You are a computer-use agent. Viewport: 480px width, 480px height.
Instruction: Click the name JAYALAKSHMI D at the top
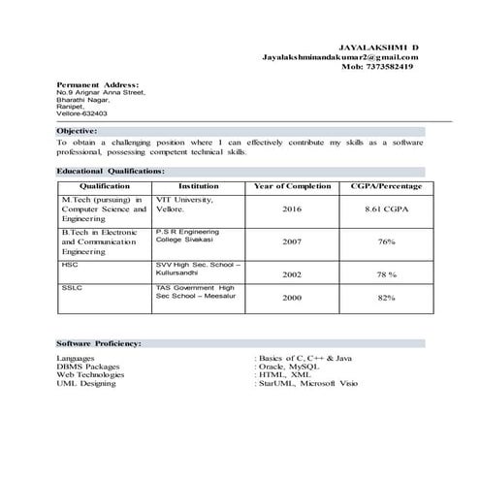(x=378, y=47)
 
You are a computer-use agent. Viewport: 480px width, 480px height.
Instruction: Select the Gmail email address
(x=340, y=57)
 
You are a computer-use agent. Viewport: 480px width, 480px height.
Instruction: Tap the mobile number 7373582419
(x=377, y=67)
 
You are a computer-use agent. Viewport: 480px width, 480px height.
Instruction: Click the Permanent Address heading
(x=97, y=84)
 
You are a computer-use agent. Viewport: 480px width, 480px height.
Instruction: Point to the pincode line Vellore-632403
(x=82, y=113)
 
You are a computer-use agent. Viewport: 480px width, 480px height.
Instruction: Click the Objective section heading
(x=77, y=130)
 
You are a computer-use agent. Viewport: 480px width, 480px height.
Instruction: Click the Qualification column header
(x=105, y=185)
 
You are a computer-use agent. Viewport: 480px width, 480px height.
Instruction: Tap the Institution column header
(x=199, y=185)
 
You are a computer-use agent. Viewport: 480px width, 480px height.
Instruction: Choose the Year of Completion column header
(x=292, y=185)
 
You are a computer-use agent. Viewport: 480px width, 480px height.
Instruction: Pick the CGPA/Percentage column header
(x=386, y=185)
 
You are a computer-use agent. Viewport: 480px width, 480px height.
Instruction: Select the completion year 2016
(x=292, y=208)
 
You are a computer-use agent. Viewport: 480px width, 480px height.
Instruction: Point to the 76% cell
(x=386, y=241)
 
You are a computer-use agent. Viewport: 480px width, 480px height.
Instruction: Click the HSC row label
(x=69, y=264)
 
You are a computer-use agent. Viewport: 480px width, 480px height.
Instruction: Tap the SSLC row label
(x=71, y=287)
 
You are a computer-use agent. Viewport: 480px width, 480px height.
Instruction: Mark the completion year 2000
(x=292, y=298)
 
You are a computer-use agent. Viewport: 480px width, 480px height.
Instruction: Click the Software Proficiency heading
(x=99, y=343)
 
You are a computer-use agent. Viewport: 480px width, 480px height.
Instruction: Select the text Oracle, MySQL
(x=288, y=367)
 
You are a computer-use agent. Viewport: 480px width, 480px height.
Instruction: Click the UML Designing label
(x=85, y=384)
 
